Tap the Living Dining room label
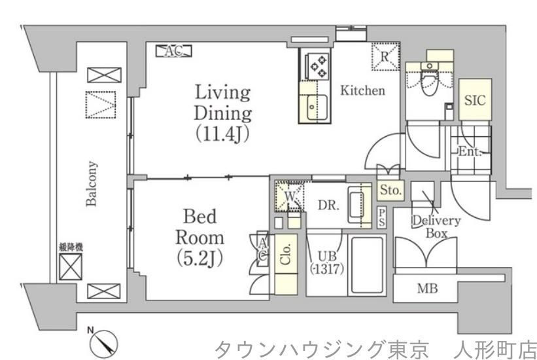[x=222, y=102]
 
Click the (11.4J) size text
[x=222, y=134]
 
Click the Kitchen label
[x=362, y=91]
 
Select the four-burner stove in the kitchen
[x=318, y=65]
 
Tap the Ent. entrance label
[x=470, y=152]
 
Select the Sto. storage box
[x=391, y=190]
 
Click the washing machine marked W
[x=287, y=194]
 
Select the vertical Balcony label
[x=93, y=183]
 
